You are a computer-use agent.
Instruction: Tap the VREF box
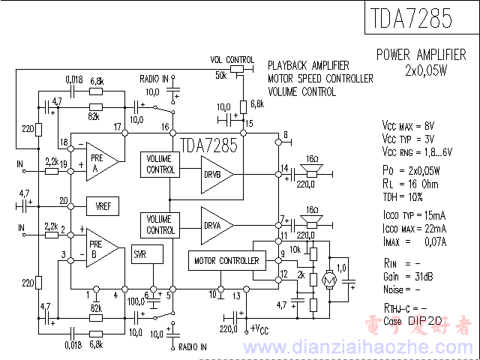point(103,205)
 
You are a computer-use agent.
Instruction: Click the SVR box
point(141,254)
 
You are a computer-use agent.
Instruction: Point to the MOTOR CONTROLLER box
point(227,261)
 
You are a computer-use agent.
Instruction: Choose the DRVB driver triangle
point(215,175)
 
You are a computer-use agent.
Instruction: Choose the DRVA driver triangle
point(215,223)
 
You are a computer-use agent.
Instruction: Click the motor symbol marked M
point(328,279)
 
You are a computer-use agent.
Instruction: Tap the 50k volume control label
point(220,76)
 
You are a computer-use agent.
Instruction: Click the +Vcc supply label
point(260,328)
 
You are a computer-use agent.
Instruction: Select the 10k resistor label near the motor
point(295,249)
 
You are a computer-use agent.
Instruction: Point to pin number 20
point(64,200)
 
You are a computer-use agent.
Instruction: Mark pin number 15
point(249,122)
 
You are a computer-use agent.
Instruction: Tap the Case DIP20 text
point(412,320)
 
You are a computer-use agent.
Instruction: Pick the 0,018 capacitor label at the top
point(74,79)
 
